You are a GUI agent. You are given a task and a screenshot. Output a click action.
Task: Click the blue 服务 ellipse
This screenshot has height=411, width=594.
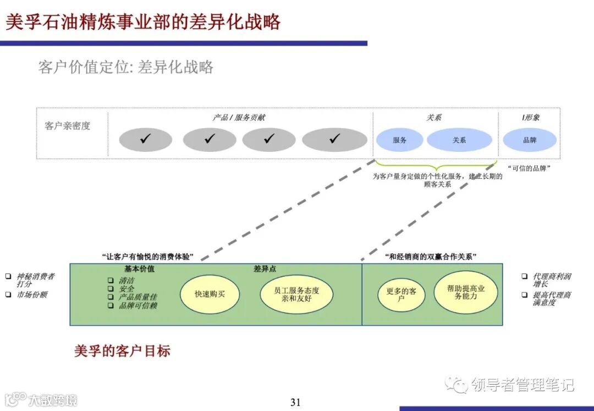click(x=400, y=140)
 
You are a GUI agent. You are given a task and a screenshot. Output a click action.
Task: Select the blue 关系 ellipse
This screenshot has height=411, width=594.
click(x=459, y=140)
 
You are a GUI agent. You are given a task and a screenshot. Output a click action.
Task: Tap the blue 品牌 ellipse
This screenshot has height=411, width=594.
click(x=530, y=140)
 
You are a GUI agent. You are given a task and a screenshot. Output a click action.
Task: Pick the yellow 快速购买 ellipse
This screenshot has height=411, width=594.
click(x=210, y=294)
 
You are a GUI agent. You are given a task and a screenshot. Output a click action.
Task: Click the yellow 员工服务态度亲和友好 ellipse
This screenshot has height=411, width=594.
click(x=296, y=294)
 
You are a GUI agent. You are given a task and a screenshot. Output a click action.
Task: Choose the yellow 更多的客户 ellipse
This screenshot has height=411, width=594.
click(x=401, y=294)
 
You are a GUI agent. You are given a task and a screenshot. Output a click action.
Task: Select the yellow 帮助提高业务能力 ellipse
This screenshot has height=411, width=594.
click(x=465, y=292)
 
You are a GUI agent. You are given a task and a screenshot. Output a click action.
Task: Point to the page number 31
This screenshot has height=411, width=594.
click(x=295, y=402)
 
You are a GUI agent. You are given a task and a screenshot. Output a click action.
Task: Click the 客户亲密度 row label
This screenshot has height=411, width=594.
click(x=68, y=126)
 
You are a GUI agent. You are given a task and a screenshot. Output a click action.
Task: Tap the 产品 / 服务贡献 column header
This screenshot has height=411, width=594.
click(x=239, y=118)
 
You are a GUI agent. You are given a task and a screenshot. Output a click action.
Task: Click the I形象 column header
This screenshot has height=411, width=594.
click(x=531, y=118)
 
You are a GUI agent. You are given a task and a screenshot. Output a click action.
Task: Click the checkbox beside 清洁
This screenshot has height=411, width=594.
click(x=111, y=280)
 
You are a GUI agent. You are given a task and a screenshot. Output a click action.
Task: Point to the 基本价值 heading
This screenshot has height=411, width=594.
click(x=139, y=269)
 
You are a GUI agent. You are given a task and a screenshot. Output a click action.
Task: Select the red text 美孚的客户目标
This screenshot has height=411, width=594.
click(x=122, y=351)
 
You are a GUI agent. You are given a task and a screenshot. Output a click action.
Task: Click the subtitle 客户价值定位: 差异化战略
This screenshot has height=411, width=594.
click(x=125, y=68)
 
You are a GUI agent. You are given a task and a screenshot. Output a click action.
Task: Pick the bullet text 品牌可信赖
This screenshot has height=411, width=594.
click(x=138, y=305)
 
